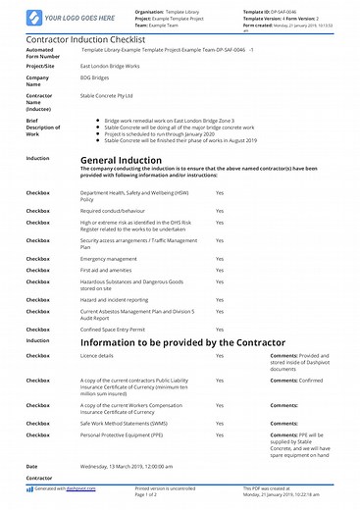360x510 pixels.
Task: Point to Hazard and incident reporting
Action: [x=114, y=300]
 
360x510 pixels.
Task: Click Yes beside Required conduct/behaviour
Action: [x=220, y=209]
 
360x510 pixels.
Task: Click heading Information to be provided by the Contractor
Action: [x=170, y=342]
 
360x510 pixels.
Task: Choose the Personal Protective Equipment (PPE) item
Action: [x=124, y=434]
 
